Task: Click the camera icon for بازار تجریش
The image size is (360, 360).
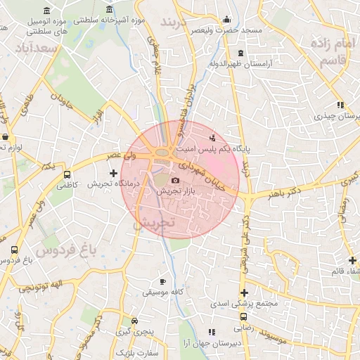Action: [x=176, y=181]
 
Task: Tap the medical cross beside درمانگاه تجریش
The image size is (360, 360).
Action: [x=114, y=172]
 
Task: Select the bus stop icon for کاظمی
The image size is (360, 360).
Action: [x=67, y=174]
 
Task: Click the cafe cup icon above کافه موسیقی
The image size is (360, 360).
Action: [x=163, y=281]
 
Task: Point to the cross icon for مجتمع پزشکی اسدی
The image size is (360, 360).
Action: [x=244, y=293]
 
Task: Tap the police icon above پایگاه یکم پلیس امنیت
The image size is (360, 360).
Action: [x=213, y=136]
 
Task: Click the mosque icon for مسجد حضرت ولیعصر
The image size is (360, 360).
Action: [x=226, y=20]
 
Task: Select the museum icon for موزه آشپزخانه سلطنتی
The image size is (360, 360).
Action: [x=110, y=10]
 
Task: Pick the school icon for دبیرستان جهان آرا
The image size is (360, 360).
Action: [x=210, y=331]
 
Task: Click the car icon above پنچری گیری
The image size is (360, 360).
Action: [x=134, y=319]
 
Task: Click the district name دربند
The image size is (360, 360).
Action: [x=176, y=23]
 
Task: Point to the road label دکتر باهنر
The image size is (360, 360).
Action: [x=284, y=191]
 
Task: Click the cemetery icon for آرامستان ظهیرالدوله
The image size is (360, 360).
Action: [x=241, y=53]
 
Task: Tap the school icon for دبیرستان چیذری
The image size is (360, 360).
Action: [x=340, y=105]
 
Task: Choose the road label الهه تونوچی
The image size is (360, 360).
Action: [x=40, y=285]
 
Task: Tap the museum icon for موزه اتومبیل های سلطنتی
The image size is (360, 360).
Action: [x=46, y=11]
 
